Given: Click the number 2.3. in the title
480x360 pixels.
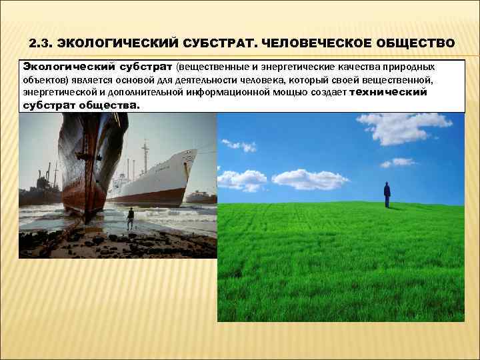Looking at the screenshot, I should pos(41,43).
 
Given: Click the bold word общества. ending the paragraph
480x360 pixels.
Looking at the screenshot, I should pos(109,105).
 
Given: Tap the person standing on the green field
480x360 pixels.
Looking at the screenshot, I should pos(387,194).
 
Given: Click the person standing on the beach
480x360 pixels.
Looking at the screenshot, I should pos(131,217).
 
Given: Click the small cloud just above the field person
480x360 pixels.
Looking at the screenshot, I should pos(397,162).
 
